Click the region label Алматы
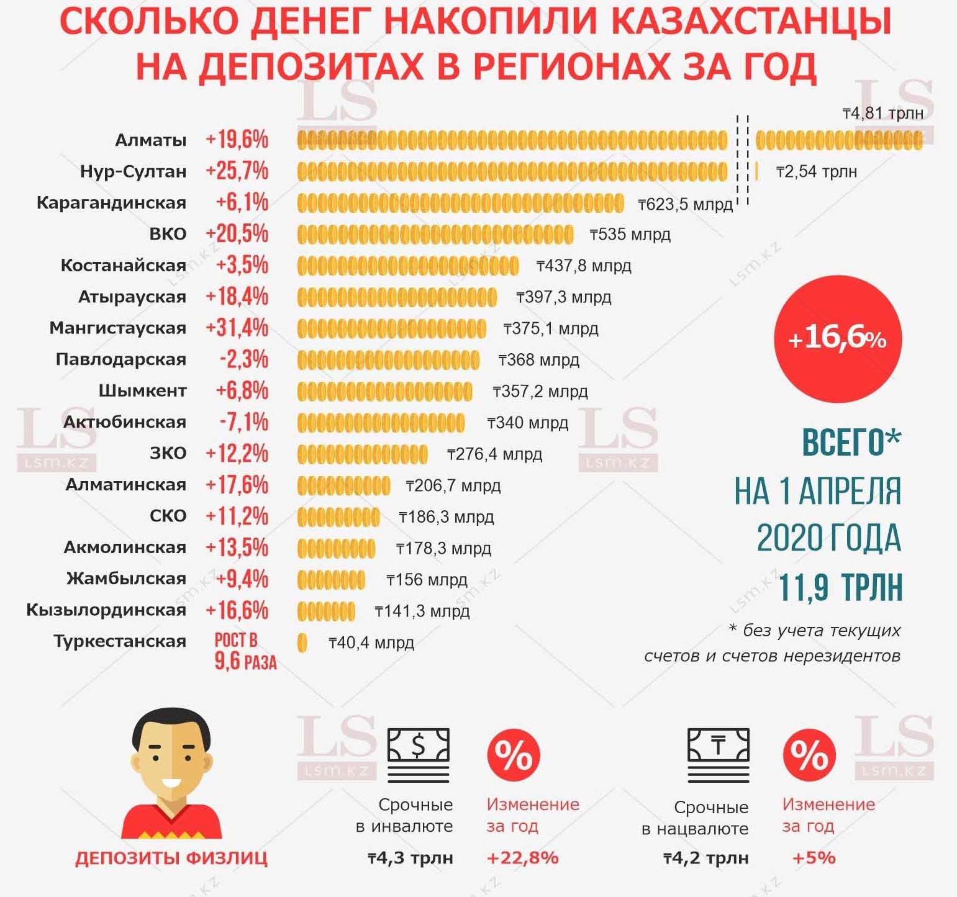click(x=151, y=140)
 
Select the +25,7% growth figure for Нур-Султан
click(x=237, y=171)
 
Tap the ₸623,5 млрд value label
click(x=686, y=204)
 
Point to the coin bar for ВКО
click(x=435, y=235)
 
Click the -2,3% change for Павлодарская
click(x=244, y=359)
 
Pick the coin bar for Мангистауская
click(x=391, y=328)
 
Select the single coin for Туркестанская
click(x=302, y=642)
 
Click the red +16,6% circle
click(x=837, y=339)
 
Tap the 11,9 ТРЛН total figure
click(x=840, y=587)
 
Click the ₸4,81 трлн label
click(x=882, y=113)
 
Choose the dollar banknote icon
click(x=418, y=754)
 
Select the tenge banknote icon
click(x=719, y=754)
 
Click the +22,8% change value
click(x=523, y=858)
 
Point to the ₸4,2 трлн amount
click(x=706, y=859)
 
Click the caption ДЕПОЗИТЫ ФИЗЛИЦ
click(x=171, y=859)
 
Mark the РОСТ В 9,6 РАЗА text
click(x=244, y=651)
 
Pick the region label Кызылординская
click(x=106, y=610)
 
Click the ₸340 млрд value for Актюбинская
click(x=528, y=423)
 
